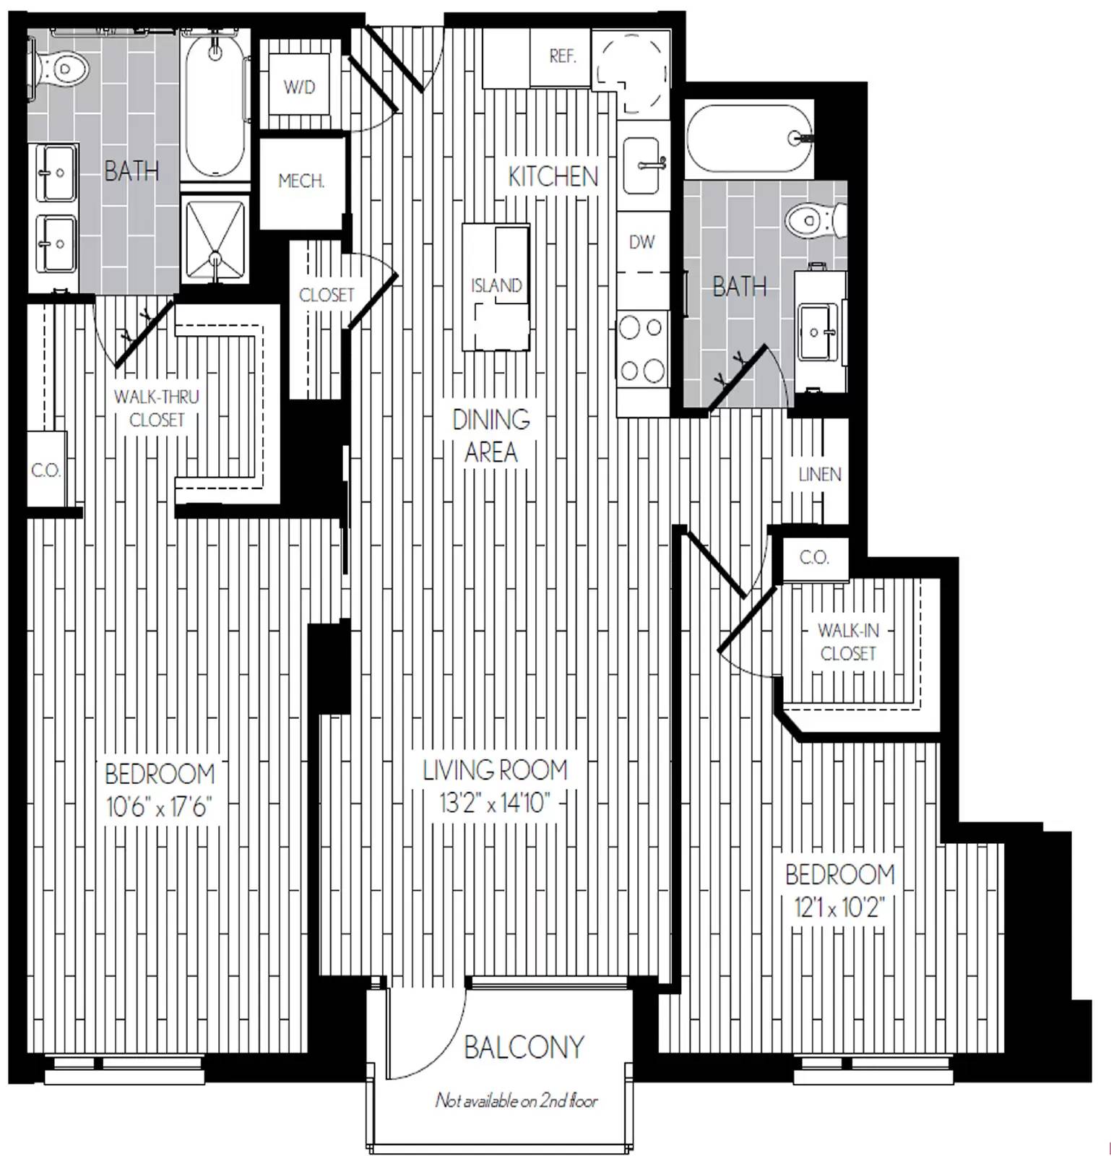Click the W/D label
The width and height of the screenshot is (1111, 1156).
pos(299,87)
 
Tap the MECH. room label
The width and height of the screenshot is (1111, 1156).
pos(301,181)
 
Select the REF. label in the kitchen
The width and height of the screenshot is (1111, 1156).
pos(562,56)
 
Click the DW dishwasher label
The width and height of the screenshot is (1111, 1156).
pos(641,242)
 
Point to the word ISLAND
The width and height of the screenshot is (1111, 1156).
pos(496,285)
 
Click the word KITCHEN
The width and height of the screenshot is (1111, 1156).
pos(553,176)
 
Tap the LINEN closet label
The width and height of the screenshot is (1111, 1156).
pos(820,475)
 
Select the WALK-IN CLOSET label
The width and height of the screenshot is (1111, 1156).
pos(848,642)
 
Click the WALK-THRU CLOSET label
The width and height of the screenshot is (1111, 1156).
pos(157,408)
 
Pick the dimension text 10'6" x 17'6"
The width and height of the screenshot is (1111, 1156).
pos(157,806)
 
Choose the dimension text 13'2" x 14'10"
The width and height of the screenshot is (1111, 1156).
pos(496,803)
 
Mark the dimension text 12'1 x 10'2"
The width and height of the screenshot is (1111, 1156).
pos(839,907)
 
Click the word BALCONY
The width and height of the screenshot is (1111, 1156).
pos(524,1047)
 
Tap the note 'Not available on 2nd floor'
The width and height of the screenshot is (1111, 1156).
pos(516,1100)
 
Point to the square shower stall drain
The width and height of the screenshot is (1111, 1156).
pos(215,258)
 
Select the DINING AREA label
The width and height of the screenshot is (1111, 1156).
pos(491,436)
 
